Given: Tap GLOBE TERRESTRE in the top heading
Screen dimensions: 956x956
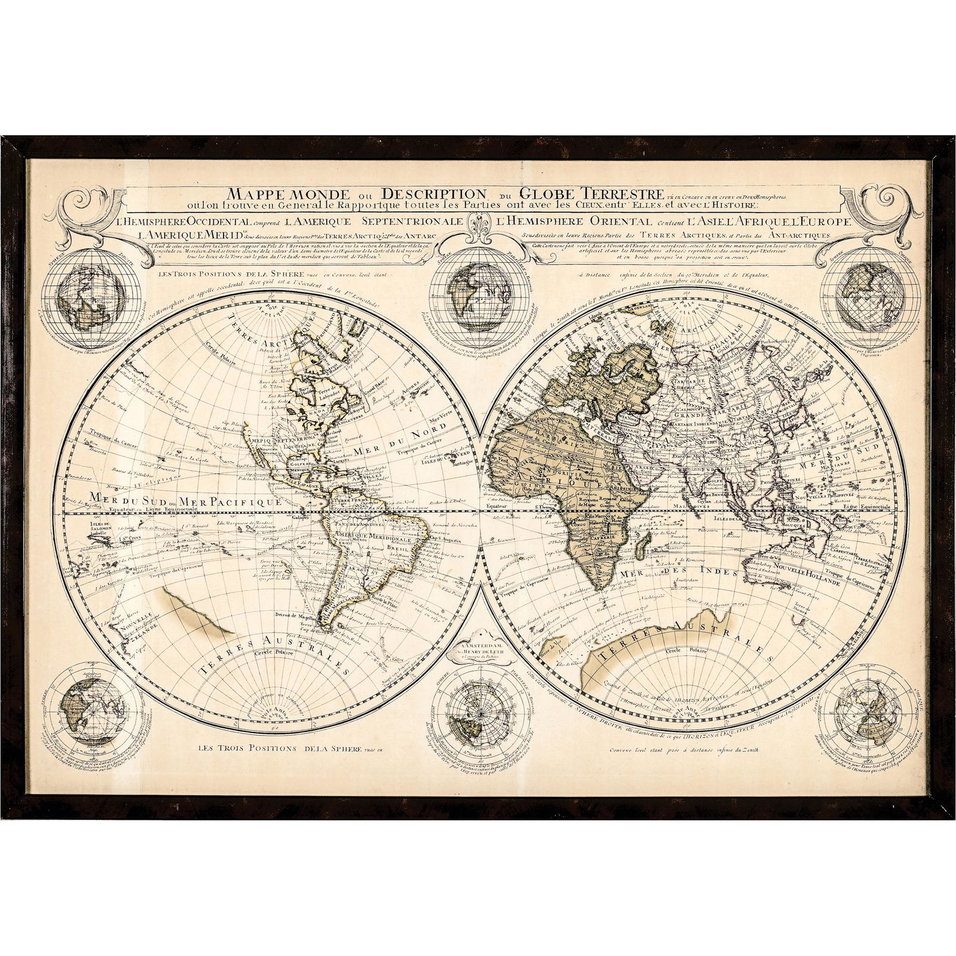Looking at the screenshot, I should tap(591, 193).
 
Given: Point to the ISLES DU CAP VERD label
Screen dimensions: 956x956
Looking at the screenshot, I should tap(443, 474).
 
